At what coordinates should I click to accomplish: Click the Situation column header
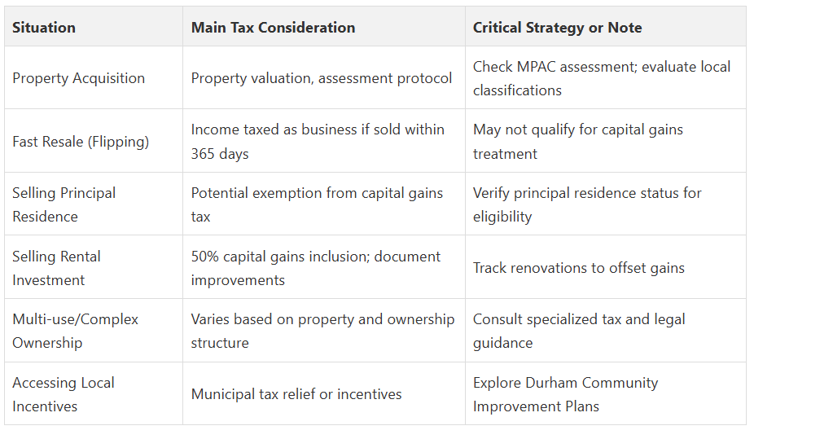click(43, 28)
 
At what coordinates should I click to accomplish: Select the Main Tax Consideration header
click(273, 28)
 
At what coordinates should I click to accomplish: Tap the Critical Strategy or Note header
click(557, 28)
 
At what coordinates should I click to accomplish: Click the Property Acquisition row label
click(79, 78)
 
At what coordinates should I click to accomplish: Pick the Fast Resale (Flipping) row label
click(81, 142)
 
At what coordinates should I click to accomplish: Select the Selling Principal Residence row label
click(64, 204)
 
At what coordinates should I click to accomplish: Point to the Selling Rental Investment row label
click(56, 268)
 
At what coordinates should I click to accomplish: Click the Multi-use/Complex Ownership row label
click(75, 331)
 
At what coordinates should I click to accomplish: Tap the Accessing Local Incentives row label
click(64, 394)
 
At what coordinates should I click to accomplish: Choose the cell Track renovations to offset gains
click(578, 268)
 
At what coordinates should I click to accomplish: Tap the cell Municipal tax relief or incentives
click(296, 394)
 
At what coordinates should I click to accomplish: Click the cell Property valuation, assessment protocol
click(322, 78)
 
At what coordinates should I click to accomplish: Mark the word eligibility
click(502, 217)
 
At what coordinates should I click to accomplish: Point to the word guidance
click(502, 344)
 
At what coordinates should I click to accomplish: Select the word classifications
click(517, 90)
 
